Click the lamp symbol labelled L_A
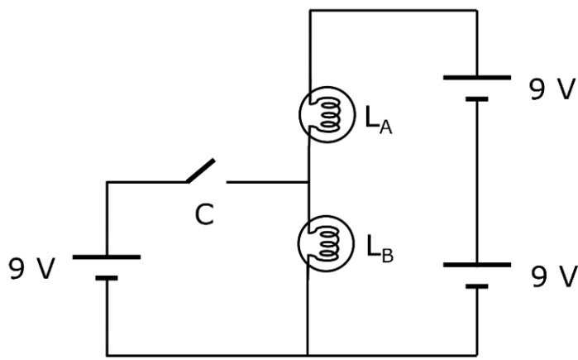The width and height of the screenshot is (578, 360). click(321, 115)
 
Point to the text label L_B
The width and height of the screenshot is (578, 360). click(380, 247)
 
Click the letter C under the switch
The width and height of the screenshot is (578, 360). click(203, 214)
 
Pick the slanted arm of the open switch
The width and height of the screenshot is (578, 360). click(201, 170)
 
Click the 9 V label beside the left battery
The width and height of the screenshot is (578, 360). click(31, 269)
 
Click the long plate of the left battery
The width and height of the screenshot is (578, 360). click(107, 257)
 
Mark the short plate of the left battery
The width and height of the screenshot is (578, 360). click(107, 278)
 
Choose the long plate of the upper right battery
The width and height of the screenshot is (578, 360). click(477, 77)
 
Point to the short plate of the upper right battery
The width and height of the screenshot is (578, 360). click(477, 99)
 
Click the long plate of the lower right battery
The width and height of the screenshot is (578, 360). click(477, 265)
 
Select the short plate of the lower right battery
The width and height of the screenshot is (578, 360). click(477, 286)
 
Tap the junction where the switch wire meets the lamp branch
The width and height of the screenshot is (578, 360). click(308, 182)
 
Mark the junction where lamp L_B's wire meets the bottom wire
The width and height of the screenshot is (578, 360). click(308, 355)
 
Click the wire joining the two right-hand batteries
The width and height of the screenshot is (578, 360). click(477, 182)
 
